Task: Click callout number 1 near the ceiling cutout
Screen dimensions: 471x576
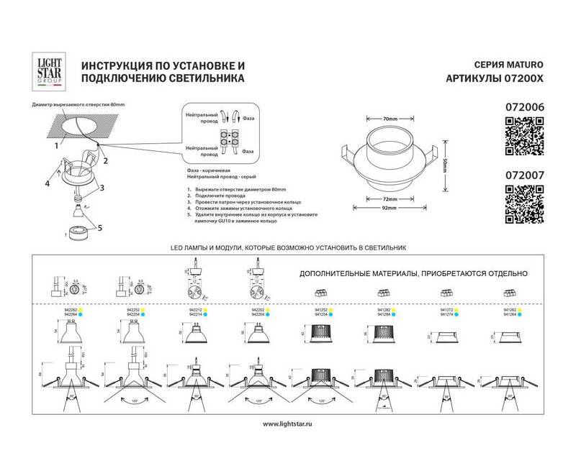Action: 55,145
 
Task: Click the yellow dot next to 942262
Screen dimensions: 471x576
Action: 81,309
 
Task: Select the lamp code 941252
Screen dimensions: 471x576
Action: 323,309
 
